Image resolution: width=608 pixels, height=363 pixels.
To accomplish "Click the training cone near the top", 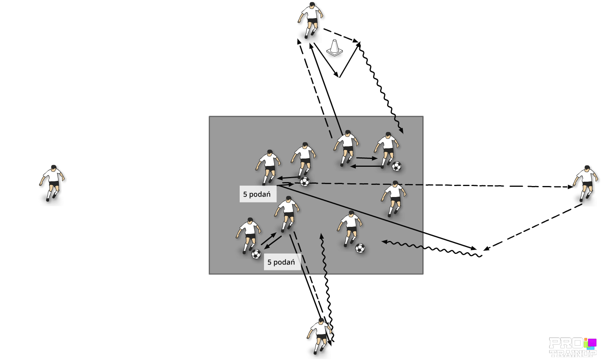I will (x=334, y=48).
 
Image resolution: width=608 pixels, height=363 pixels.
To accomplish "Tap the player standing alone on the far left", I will (x=52, y=183).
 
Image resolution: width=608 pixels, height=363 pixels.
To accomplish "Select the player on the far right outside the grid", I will (x=586, y=183).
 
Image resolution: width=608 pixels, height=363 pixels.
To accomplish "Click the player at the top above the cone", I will (x=311, y=20).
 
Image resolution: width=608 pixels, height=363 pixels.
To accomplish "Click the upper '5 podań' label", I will (x=257, y=194).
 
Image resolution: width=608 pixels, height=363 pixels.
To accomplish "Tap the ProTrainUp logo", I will (x=573, y=347).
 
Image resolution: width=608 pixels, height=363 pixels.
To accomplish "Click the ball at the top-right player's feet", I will (x=397, y=166).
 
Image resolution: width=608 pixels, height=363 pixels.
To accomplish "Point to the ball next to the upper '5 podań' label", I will (x=305, y=182).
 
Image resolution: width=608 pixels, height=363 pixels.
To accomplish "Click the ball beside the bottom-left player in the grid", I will (x=256, y=254).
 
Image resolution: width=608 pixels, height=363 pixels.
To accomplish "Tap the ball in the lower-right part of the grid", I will (x=360, y=248).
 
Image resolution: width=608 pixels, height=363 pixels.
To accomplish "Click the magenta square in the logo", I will (x=592, y=343).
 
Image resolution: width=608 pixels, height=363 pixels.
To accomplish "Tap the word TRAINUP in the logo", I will (x=573, y=353).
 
